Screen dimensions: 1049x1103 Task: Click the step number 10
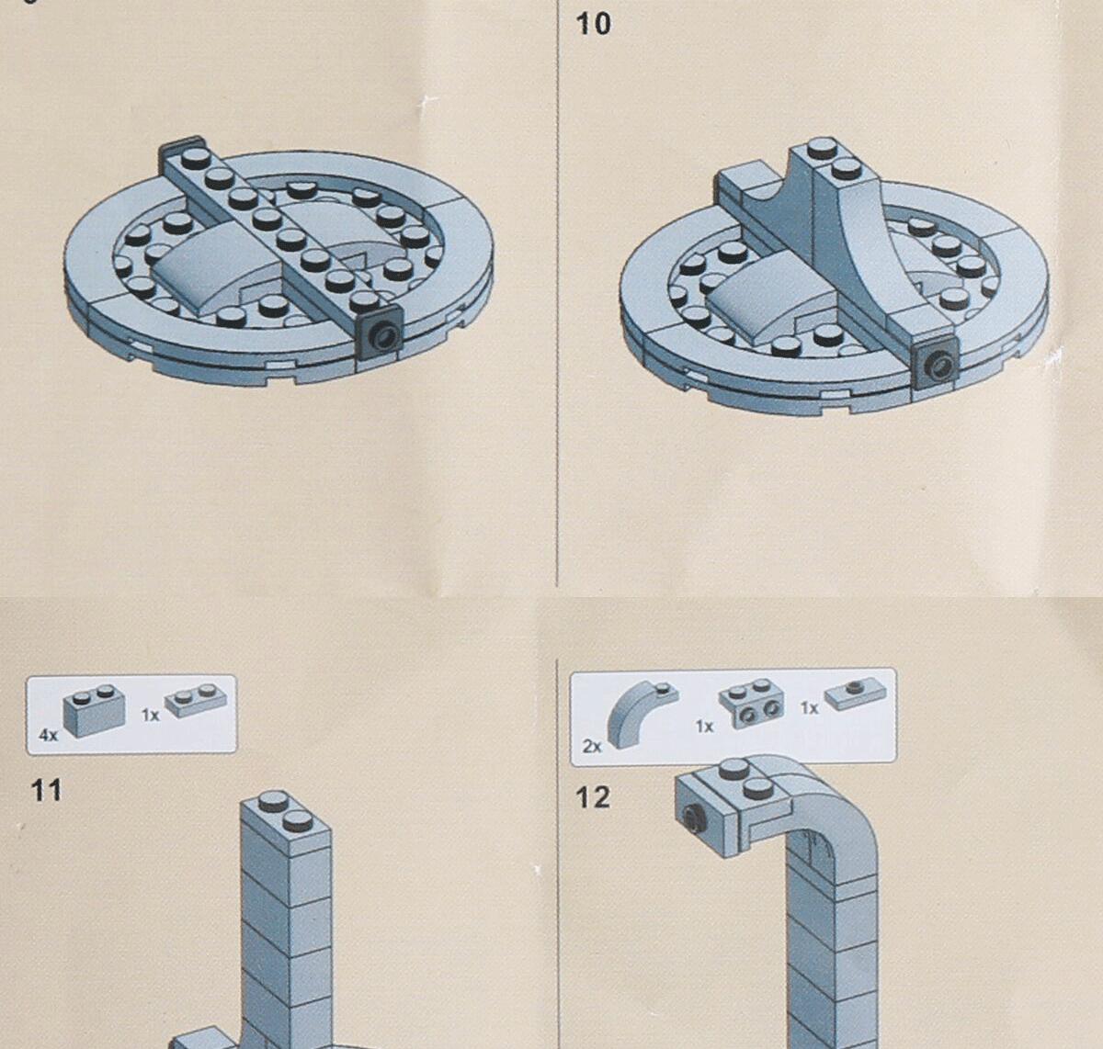[x=593, y=24]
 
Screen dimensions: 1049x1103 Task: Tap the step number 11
[x=46, y=790]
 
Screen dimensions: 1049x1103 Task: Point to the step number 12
[x=593, y=796]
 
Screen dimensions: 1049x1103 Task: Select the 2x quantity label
[x=593, y=746]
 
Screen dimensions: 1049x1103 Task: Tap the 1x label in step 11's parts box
[x=150, y=714]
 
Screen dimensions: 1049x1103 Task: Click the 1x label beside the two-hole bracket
[x=704, y=727]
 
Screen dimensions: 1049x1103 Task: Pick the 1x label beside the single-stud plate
[x=809, y=708]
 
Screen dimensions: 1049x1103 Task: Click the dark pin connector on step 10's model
[x=936, y=366]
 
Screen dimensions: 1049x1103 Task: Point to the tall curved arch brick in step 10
[x=859, y=239]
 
